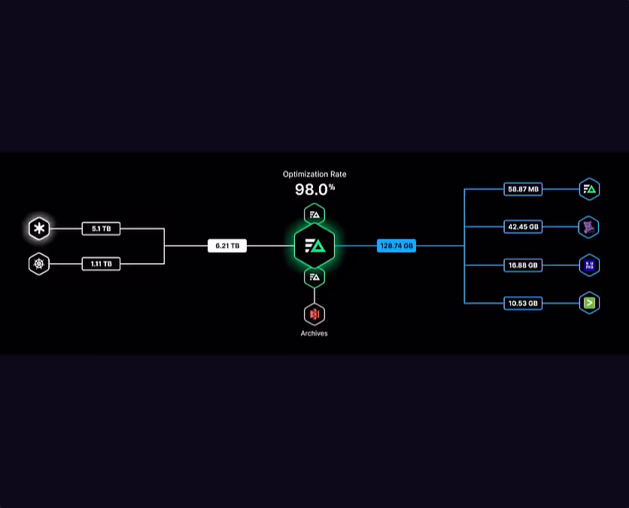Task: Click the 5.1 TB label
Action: tap(101, 228)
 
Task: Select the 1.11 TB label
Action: tap(101, 264)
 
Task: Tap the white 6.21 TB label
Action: tap(227, 246)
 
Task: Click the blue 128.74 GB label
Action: tap(397, 246)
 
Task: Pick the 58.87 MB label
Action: tap(523, 189)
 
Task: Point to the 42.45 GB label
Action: tap(523, 227)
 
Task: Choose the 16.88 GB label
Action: tap(523, 265)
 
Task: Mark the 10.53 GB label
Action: tap(523, 303)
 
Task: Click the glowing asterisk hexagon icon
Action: tap(39, 228)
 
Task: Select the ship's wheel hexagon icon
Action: tap(39, 264)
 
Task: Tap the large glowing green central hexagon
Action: tap(314, 246)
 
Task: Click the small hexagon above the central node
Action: tap(314, 215)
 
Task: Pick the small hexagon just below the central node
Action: tap(314, 277)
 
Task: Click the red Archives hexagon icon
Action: tap(314, 314)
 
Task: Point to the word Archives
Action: tap(314, 333)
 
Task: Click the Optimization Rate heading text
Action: tap(314, 174)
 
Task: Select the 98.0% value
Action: tap(314, 190)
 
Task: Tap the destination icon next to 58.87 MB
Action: tap(589, 189)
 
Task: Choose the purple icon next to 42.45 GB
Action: tap(589, 227)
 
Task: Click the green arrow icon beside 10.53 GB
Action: tap(589, 303)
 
